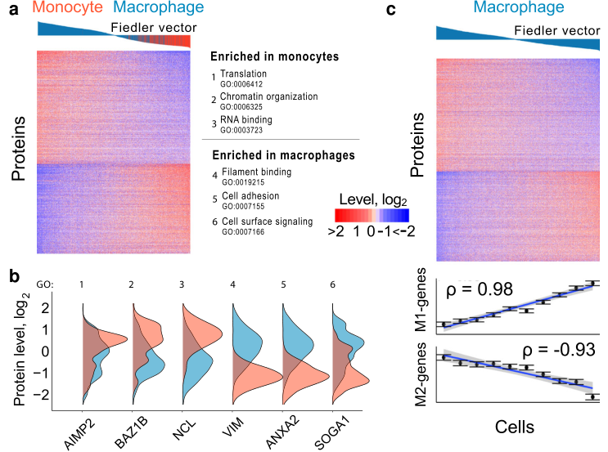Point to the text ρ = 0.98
[476, 291]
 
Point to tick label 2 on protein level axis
[70, 308]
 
